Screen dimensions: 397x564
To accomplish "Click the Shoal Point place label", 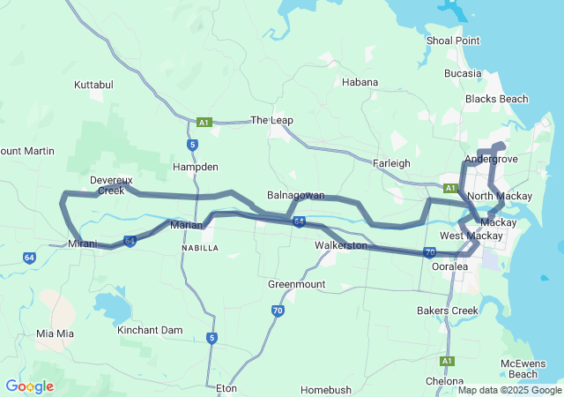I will (453, 41).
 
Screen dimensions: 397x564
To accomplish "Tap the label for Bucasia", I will (464, 73).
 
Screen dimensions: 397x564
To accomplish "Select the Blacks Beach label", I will (496, 99).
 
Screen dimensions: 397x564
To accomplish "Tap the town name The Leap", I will (271, 120).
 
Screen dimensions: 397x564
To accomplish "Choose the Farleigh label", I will (391, 163).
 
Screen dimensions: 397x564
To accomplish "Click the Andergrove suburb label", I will (491, 159).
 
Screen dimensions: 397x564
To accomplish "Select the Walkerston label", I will (340, 245).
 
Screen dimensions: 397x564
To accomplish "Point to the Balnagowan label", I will (295, 195).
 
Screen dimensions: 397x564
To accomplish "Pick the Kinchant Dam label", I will (150, 330).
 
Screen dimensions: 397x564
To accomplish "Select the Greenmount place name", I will (296, 284).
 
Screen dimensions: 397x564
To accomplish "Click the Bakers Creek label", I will (448, 311).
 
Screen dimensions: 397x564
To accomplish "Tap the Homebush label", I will (325, 389).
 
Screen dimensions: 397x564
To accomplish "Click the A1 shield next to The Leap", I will (204, 123).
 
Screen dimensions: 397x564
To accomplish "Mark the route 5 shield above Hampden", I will (192, 145).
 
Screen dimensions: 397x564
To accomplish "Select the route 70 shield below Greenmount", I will (278, 311).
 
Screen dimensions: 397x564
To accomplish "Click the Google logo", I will (29, 386).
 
